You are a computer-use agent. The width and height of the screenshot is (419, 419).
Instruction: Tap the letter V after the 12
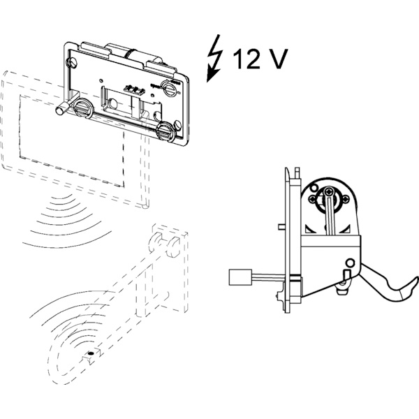coord(277,60)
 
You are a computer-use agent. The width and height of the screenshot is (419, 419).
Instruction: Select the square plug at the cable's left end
coord(240,277)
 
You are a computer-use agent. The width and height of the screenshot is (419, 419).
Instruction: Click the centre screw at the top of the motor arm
coord(330,193)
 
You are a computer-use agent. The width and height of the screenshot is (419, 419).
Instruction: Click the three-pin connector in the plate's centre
coord(133,89)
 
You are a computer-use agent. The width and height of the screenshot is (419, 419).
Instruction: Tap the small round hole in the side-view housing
coord(348,263)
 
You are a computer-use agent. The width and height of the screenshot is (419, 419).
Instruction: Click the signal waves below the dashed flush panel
coord(59,216)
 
